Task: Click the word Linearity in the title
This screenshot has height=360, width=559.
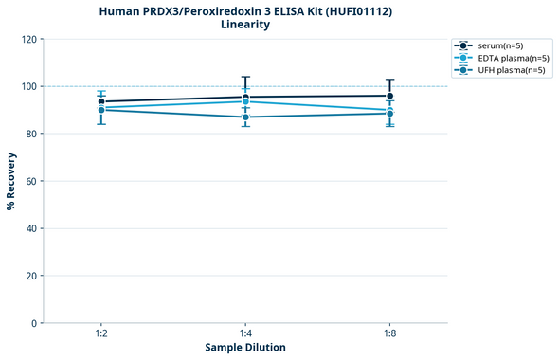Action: [245, 25]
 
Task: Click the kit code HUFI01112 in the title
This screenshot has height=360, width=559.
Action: [331, 10]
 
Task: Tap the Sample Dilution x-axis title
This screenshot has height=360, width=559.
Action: [245, 347]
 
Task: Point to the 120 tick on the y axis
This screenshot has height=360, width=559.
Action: [28, 39]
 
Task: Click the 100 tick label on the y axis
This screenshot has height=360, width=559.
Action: [28, 86]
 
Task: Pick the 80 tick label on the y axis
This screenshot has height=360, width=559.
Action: [31, 134]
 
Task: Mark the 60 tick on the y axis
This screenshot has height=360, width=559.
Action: [31, 181]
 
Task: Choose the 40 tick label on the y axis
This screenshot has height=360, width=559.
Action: [31, 228]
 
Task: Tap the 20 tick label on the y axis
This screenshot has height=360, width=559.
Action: [31, 276]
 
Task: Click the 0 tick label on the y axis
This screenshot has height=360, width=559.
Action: [34, 323]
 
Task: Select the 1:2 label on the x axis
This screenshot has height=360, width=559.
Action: [101, 333]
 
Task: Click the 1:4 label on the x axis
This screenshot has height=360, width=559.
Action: [245, 333]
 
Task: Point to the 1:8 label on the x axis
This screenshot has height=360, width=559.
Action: [389, 333]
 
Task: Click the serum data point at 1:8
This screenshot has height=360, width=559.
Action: [389, 96]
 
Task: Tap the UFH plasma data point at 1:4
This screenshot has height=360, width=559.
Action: [245, 117]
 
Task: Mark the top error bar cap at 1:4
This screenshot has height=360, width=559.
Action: [245, 77]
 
